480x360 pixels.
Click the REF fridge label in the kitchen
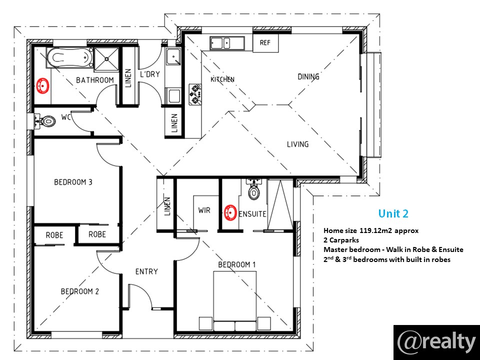265,42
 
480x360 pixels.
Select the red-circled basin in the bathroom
43,85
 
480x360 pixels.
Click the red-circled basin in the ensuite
230,212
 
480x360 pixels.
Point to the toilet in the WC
48,121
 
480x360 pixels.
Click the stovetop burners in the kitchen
195,95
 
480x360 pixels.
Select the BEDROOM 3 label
73,182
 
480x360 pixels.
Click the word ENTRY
146,271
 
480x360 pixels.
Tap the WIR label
204,210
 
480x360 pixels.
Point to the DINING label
308,76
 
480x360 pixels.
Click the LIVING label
297,144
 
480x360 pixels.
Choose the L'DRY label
149,74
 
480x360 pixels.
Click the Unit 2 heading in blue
393,213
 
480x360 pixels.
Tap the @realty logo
436,342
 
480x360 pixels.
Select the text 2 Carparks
341,240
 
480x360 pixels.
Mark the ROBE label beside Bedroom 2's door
97,234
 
